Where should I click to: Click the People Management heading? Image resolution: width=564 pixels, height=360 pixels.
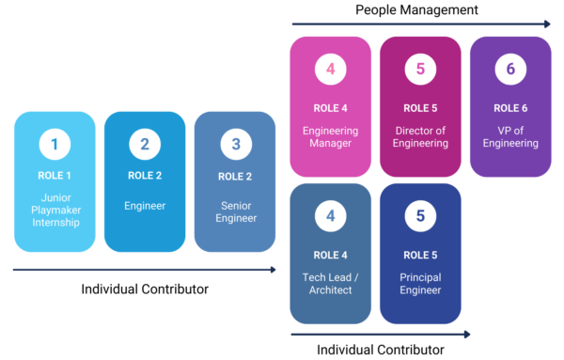click(x=416, y=9)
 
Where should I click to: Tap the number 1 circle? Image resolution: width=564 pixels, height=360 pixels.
click(x=55, y=145)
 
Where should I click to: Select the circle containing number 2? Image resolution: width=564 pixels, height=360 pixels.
click(x=145, y=145)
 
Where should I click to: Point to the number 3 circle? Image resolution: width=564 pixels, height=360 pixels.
click(x=235, y=145)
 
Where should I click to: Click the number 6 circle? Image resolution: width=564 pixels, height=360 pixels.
click(x=510, y=70)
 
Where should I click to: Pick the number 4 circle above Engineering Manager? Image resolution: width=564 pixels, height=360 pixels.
click(x=330, y=70)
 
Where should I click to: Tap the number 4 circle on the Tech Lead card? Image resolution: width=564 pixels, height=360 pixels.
click(x=330, y=216)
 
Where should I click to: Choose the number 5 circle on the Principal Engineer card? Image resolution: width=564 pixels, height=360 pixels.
click(x=420, y=216)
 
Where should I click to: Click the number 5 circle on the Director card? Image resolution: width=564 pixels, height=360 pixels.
click(x=420, y=70)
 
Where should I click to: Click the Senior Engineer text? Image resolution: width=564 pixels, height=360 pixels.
click(x=235, y=211)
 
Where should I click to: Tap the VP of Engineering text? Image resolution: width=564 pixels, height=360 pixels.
click(x=510, y=136)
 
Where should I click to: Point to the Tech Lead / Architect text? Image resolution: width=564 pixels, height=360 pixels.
click(x=330, y=283)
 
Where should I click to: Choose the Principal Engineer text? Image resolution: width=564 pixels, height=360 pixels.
click(x=420, y=283)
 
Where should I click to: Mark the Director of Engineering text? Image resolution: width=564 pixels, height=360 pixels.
click(x=420, y=136)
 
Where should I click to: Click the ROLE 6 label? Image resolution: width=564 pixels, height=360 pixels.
click(x=510, y=107)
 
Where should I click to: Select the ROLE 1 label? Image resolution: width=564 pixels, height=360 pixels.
click(x=55, y=176)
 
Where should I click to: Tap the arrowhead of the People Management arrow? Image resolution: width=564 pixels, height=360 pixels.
click(x=546, y=23)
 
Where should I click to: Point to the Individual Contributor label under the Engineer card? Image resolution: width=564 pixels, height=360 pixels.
click(x=144, y=289)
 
